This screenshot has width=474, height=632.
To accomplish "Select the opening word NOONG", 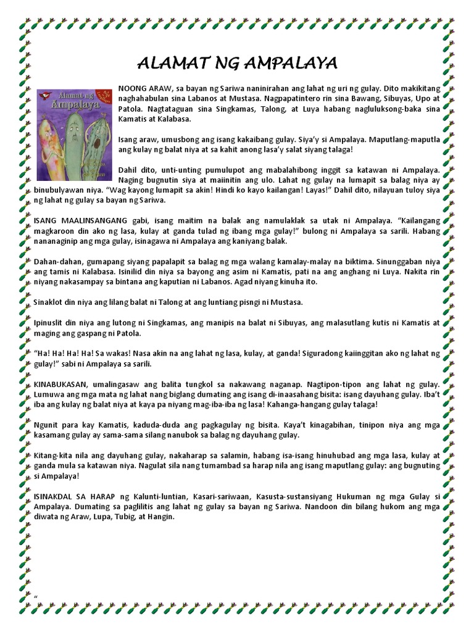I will pyautogui.click(x=132, y=88).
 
